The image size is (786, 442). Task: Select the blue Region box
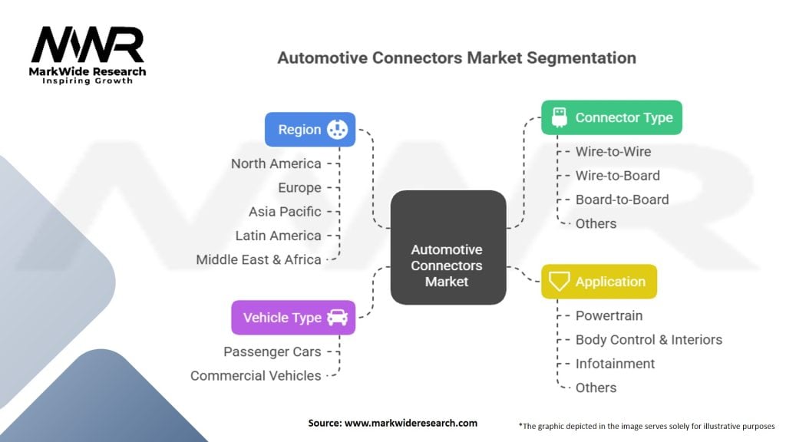(x=310, y=130)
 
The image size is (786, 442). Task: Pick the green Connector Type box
(x=611, y=117)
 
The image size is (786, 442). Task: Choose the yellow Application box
(x=599, y=282)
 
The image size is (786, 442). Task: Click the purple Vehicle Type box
(x=293, y=317)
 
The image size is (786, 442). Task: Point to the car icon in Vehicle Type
(x=337, y=317)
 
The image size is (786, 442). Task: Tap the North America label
(x=276, y=163)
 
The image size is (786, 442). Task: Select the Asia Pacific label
(x=285, y=211)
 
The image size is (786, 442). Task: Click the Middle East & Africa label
(x=259, y=259)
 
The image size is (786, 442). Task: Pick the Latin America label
(x=279, y=236)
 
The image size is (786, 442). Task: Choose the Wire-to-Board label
(x=617, y=176)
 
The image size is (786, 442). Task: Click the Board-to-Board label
(x=622, y=200)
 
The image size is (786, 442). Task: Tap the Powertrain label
(x=609, y=315)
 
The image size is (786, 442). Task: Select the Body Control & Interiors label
(x=649, y=339)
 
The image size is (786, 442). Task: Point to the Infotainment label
(x=615, y=363)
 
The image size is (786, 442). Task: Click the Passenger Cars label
(x=272, y=351)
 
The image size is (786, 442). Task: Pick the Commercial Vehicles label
(x=256, y=375)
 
